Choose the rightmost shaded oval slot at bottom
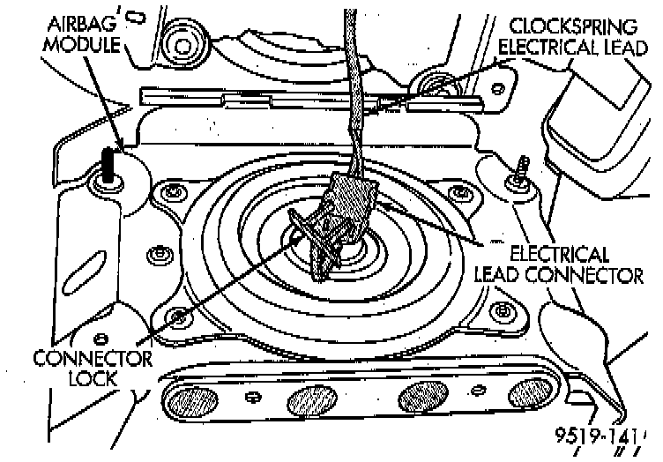click(533, 391)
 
